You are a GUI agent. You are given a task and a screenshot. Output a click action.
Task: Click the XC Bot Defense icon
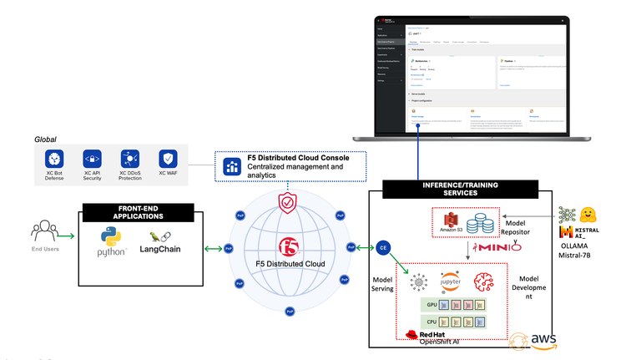coord(53,159)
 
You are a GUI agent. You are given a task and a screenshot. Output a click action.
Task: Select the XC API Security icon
coord(91,159)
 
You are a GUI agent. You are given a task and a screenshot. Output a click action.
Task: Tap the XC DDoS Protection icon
coord(129,159)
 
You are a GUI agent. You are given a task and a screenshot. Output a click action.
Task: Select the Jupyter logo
coord(451,281)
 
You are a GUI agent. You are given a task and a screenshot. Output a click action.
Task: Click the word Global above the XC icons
coord(47,138)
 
